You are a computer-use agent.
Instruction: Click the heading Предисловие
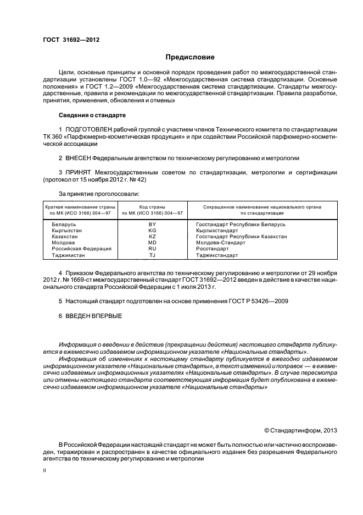[190, 57]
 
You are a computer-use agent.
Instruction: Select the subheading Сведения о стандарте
[92, 116]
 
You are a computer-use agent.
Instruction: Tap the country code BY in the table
[152, 224]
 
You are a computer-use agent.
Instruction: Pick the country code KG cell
[152, 231]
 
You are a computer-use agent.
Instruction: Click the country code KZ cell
[152, 237]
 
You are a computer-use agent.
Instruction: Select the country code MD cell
[152, 243]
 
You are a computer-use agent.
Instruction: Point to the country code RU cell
[152, 249]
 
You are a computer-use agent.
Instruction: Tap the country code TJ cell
[152, 255]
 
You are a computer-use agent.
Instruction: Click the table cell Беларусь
[64, 224]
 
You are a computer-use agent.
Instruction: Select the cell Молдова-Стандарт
[220, 243]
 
